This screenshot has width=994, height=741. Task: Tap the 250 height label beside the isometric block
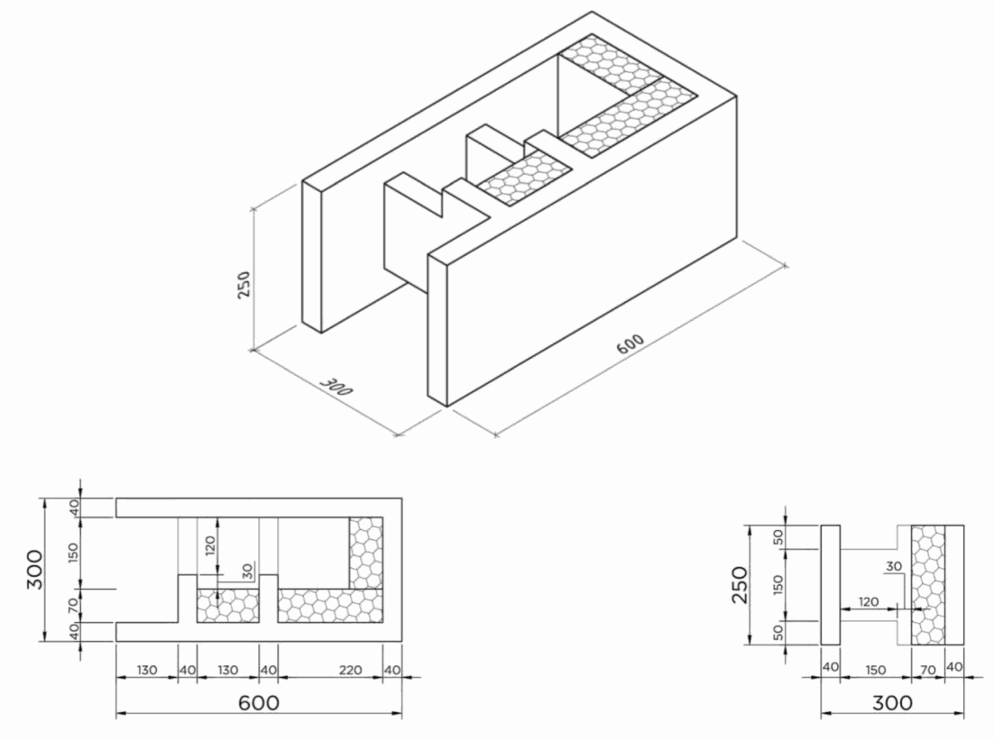[x=244, y=285]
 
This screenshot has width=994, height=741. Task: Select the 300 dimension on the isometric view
[x=335, y=387]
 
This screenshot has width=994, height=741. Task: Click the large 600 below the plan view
[x=259, y=702]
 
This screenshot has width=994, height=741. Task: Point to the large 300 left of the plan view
[x=35, y=570]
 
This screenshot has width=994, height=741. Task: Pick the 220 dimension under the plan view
[x=351, y=670]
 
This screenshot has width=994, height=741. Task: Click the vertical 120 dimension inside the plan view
[x=210, y=544]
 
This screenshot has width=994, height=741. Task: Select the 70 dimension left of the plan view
[x=74, y=605]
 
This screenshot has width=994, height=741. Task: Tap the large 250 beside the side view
[x=739, y=584]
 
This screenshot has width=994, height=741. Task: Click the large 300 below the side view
[x=892, y=702]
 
